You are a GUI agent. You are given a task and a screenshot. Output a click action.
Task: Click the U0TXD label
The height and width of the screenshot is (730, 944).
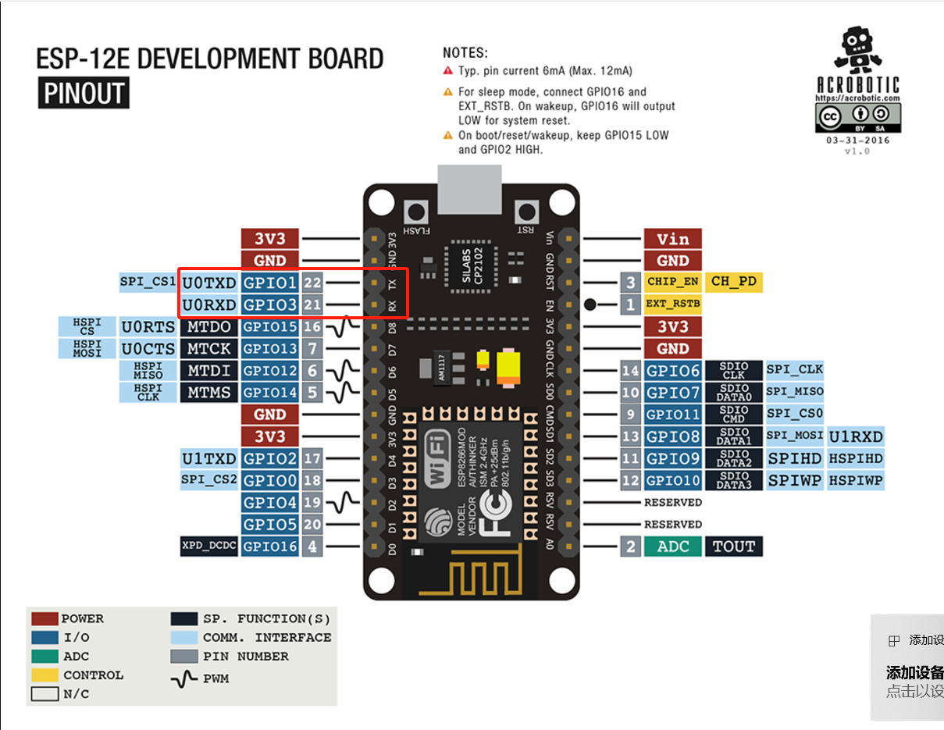(208, 282)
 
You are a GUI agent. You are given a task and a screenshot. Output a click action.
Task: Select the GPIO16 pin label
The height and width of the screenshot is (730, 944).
(270, 547)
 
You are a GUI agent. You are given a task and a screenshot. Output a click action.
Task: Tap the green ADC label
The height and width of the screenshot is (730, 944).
(672, 547)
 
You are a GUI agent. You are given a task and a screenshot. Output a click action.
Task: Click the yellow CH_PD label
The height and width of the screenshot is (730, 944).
(734, 281)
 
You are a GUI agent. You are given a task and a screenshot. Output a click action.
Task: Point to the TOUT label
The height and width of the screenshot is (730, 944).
(734, 547)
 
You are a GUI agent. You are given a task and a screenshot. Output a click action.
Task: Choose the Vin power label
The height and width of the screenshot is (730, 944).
(672, 239)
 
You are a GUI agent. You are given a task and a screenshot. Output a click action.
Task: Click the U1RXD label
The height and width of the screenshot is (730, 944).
(856, 436)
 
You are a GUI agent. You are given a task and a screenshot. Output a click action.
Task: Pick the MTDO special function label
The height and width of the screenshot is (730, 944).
(208, 326)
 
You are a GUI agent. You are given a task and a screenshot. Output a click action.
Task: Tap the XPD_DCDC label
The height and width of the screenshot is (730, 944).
(208, 547)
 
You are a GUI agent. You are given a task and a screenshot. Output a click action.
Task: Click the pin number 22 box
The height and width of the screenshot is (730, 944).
(312, 282)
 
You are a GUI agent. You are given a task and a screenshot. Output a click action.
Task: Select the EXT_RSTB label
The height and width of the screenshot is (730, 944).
(672, 304)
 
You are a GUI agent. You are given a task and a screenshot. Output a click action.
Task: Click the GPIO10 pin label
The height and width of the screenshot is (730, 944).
(672, 480)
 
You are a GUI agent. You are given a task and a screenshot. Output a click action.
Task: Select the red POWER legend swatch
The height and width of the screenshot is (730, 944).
(45, 619)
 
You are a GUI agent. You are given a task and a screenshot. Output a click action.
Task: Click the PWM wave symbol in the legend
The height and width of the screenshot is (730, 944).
(184, 679)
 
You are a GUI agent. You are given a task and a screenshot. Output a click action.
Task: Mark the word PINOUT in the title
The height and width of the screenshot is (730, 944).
(84, 94)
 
